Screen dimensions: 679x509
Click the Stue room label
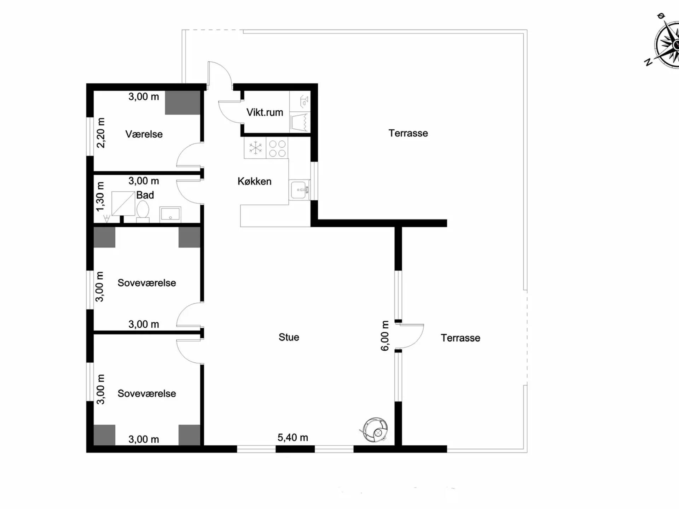[x=289, y=337]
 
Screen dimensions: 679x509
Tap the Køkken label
[x=254, y=181]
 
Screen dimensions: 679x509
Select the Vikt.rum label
[x=265, y=112]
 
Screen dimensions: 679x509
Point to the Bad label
[x=145, y=195]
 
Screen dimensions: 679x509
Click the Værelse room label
[x=144, y=134]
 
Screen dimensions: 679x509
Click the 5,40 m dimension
[x=292, y=438]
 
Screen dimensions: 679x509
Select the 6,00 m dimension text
[x=385, y=335]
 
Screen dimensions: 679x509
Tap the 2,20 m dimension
[x=101, y=133]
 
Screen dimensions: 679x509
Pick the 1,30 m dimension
[x=100, y=197]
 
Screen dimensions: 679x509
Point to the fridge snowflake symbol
[x=255, y=148]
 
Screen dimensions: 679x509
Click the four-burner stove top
[x=277, y=148]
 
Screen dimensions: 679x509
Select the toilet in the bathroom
[x=143, y=211]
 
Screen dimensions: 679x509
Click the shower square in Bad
[x=123, y=204]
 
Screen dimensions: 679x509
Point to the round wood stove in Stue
[x=375, y=430]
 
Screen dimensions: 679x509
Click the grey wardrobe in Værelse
[x=182, y=103]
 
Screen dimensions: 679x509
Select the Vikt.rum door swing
[x=230, y=112]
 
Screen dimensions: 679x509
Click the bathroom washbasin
[x=170, y=214]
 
